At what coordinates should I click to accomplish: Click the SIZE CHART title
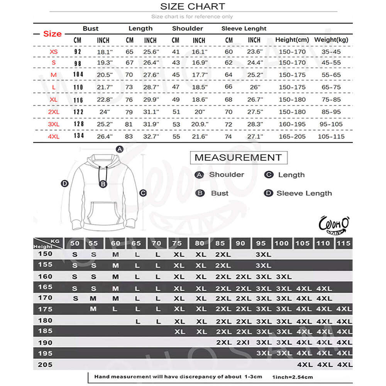tap(193, 6)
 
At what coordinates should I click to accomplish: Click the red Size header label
tap(52, 34)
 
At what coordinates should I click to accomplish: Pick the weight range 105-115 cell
tap(330, 137)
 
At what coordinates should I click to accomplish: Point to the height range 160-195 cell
tap(292, 124)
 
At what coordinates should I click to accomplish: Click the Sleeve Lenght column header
tap(244, 29)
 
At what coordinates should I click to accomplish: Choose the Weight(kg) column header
tap(331, 40)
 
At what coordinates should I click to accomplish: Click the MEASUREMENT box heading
tap(238, 157)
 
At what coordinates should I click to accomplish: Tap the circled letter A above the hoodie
tap(120, 149)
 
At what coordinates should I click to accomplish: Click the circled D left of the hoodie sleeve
tap(65, 183)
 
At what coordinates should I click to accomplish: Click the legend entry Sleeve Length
tap(304, 193)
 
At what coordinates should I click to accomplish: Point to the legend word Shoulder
tap(227, 174)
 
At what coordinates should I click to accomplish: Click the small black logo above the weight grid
tap(334, 225)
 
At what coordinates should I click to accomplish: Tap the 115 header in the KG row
tap(344, 243)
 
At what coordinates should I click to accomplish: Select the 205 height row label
tap(45, 364)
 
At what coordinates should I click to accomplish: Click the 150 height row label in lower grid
tap(45, 254)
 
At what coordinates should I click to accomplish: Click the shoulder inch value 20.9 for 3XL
tap(199, 124)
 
